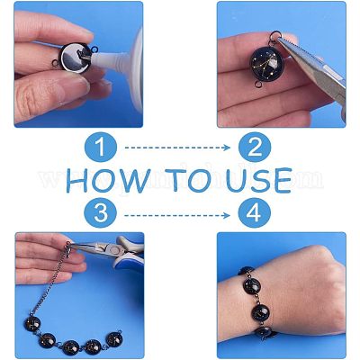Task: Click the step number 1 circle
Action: [101, 148]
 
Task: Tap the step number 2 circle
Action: [255, 148]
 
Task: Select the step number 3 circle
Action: [101, 213]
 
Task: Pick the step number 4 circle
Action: [255, 213]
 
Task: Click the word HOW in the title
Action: [108, 180]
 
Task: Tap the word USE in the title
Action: [258, 180]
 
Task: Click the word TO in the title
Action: [187, 180]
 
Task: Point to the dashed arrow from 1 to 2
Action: [177, 148]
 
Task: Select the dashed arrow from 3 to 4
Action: [177, 215]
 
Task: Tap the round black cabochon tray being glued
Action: [75, 58]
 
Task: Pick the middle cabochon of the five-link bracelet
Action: [71, 347]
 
